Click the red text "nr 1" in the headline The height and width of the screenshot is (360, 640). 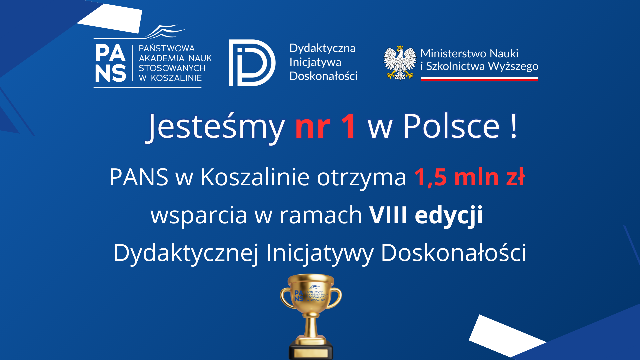(326, 126)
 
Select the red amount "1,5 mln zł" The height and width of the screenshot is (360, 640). (469, 177)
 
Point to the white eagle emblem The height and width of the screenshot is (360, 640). (400, 63)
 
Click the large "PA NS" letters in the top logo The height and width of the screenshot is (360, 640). (110, 63)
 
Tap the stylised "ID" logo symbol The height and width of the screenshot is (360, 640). (252, 63)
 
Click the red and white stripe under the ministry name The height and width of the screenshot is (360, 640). (479, 79)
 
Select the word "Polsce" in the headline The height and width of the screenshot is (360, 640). (451, 126)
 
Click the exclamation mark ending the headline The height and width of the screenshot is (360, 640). (514, 126)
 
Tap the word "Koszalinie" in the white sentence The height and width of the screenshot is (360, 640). (255, 177)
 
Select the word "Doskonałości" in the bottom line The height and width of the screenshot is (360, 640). (453, 253)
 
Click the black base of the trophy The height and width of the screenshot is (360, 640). (311, 351)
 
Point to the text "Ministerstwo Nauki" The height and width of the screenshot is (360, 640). (469, 54)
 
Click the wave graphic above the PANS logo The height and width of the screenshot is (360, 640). (165, 32)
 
